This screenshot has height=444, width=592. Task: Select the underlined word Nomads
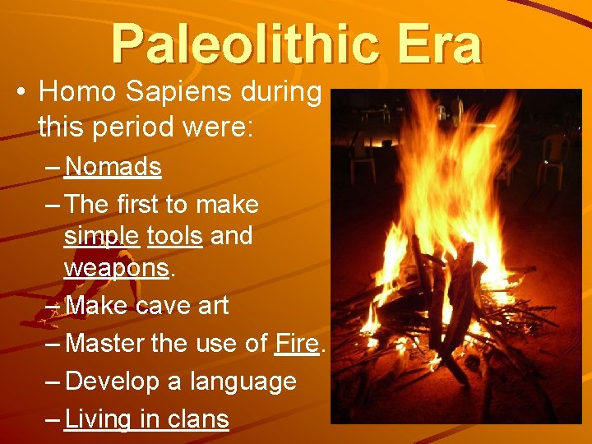(113, 168)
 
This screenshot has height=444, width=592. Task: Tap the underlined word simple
(101, 237)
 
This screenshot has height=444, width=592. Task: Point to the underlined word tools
(174, 237)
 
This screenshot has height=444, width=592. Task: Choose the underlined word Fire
(297, 344)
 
